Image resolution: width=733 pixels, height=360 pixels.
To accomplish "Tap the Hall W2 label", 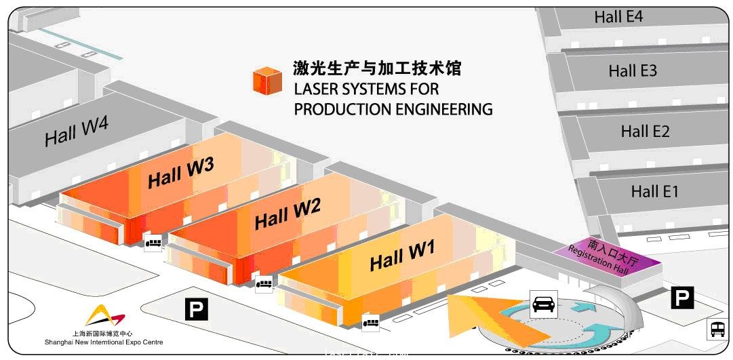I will point(287,215).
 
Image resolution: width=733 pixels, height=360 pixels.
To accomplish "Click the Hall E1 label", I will point(654,191).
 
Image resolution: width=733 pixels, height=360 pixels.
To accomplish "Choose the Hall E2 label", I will point(645,132).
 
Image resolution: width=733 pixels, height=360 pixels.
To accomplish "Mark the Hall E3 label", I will point(632,71).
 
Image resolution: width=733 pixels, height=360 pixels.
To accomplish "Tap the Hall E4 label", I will point(618,17).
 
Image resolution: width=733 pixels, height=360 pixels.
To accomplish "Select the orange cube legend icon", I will point(267,81).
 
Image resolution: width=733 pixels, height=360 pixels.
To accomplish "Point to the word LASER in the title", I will point(315,89).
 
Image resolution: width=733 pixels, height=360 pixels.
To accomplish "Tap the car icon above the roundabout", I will point(543,304).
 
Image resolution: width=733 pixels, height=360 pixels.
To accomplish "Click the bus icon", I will point(717,329).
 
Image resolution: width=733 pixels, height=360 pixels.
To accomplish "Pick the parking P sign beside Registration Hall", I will point(682,297).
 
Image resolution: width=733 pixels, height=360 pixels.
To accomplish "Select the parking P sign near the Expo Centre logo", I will point(197,310).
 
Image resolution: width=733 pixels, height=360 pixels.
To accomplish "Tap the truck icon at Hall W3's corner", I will point(153,241).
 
